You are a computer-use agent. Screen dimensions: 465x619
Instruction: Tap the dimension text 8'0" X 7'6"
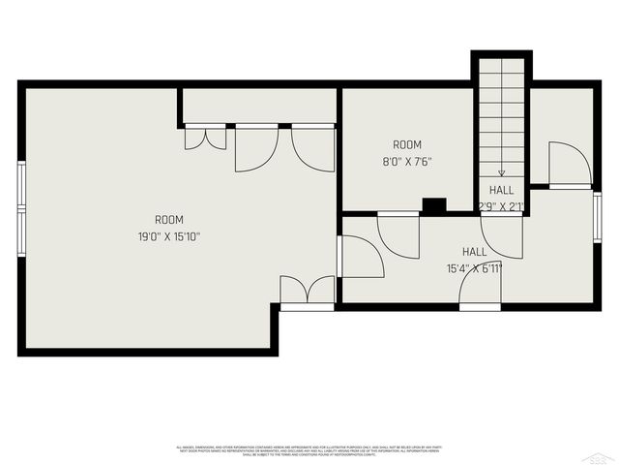pos(407,162)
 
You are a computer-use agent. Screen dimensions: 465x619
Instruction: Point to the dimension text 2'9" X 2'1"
pos(501,205)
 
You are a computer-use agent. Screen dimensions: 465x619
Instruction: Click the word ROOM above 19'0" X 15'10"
pos(169,220)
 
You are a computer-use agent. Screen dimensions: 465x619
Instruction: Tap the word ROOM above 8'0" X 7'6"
pos(407,145)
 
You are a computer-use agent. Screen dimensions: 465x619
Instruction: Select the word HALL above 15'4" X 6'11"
pos(474,251)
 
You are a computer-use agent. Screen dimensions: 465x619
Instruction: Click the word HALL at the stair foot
pos(501,191)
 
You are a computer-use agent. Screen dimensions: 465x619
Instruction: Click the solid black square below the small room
pos(434,205)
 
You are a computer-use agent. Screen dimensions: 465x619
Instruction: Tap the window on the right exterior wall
pos(597,218)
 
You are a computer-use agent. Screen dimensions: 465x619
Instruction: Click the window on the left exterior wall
pos(21,208)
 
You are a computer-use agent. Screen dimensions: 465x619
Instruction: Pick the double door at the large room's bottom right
pos(307,291)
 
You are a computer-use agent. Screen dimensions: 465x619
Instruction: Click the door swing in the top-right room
pos(569,165)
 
